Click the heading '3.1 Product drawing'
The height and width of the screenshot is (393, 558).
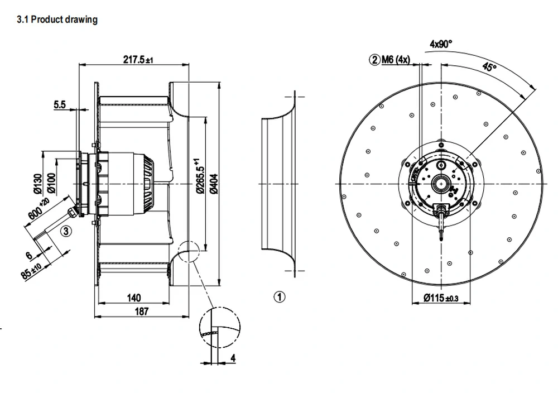pos(57,19)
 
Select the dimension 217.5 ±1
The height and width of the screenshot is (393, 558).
pos(138,59)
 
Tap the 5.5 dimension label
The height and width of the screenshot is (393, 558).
pos(60,104)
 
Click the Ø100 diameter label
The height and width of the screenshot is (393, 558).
pos(51,183)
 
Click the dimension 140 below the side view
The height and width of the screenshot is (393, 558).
pos(134,298)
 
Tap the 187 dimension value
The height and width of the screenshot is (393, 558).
pos(141,311)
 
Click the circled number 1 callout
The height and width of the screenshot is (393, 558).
pos(280,296)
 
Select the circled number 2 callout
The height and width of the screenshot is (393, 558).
pos(375,59)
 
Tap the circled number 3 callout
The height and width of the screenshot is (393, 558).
pos(66,231)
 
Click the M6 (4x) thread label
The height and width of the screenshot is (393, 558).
pos(396,59)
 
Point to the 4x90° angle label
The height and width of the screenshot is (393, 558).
pos(441,44)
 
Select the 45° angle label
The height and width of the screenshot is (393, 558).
pos(490,66)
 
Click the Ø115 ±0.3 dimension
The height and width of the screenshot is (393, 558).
pos(441,298)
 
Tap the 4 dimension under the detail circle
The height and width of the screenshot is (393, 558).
pos(233,358)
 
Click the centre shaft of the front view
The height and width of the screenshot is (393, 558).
pos(441,184)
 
